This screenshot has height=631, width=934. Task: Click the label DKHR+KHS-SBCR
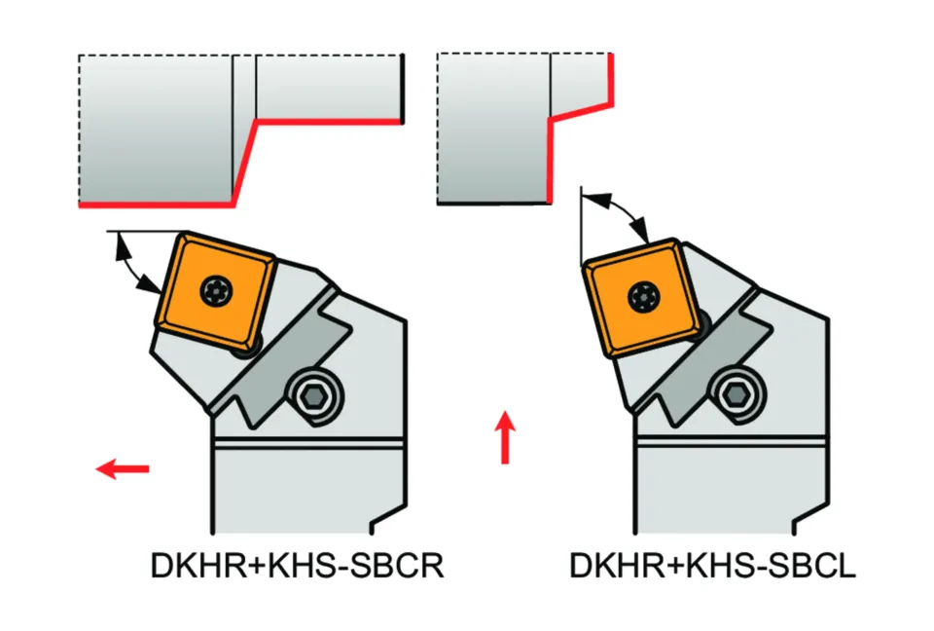click(297, 566)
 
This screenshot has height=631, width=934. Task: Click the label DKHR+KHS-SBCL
click(712, 566)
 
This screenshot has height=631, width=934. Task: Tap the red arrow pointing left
click(124, 470)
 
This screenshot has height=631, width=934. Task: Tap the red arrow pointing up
click(504, 437)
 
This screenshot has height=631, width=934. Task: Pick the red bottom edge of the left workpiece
click(156, 204)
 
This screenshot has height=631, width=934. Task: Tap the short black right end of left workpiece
click(402, 87)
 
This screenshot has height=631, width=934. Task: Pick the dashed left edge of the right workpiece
click(439, 127)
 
